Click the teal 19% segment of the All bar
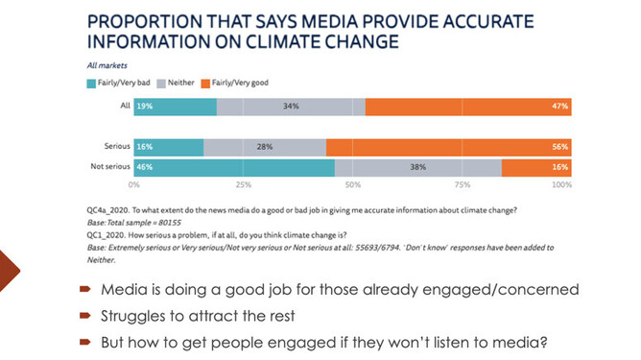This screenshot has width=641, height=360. [x=175, y=107]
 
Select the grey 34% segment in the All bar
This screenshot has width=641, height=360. [x=291, y=107]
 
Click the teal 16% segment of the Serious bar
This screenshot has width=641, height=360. [x=169, y=147]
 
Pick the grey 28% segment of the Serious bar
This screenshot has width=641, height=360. [x=265, y=147]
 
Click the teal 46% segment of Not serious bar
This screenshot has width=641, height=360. [x=234, y=166]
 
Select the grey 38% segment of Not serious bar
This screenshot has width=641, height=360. [x=417, y=166]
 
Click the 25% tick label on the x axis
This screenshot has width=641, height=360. [x=244, y=183]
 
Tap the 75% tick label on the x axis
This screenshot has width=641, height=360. [x=463, y=183]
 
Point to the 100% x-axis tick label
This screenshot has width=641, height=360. [x=562, y=183]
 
